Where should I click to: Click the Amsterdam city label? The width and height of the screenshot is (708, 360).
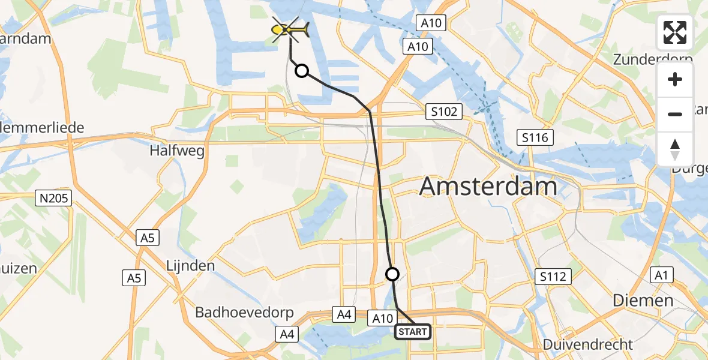click(x=488, y=186)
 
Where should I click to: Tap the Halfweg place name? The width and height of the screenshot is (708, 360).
click(x=177, y=151)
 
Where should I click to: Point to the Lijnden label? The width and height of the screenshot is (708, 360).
click(x=190, y=265)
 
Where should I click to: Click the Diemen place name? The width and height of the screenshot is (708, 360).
click(x=643, y=300)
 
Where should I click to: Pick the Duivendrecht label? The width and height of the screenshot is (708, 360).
click(x=588, y=344)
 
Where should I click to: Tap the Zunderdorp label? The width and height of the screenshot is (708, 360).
click(x=653, y=60)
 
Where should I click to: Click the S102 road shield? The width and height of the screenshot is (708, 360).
click(x=444, y=111)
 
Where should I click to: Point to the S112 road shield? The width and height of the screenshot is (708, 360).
click(x=553, y=277)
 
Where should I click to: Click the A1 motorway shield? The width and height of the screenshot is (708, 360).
click(x=661, y=275)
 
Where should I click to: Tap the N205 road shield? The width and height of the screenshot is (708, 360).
click(x=54, y=198)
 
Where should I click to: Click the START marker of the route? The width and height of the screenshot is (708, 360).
click(x=412, y=332)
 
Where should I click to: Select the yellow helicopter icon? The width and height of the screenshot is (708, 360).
click(x=290, y=28)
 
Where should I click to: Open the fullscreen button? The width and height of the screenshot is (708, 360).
click(x=675, y=32)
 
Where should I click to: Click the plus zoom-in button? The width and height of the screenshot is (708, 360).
click(x=675, y=80)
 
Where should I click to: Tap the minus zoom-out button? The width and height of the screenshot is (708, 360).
click(x=675, y=114)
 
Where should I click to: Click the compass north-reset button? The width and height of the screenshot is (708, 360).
click(x=675, y=149)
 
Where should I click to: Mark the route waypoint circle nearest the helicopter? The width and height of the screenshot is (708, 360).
click(x=302, y=71)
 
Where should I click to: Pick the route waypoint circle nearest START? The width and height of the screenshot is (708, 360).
click(x=392, y=274)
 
